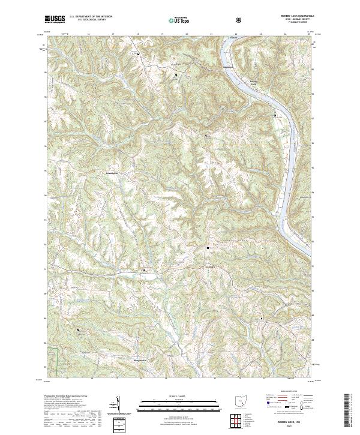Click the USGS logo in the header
[x=55, y=19]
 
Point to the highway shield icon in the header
[x=240, y=20]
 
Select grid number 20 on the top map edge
[x=187, y=35]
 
